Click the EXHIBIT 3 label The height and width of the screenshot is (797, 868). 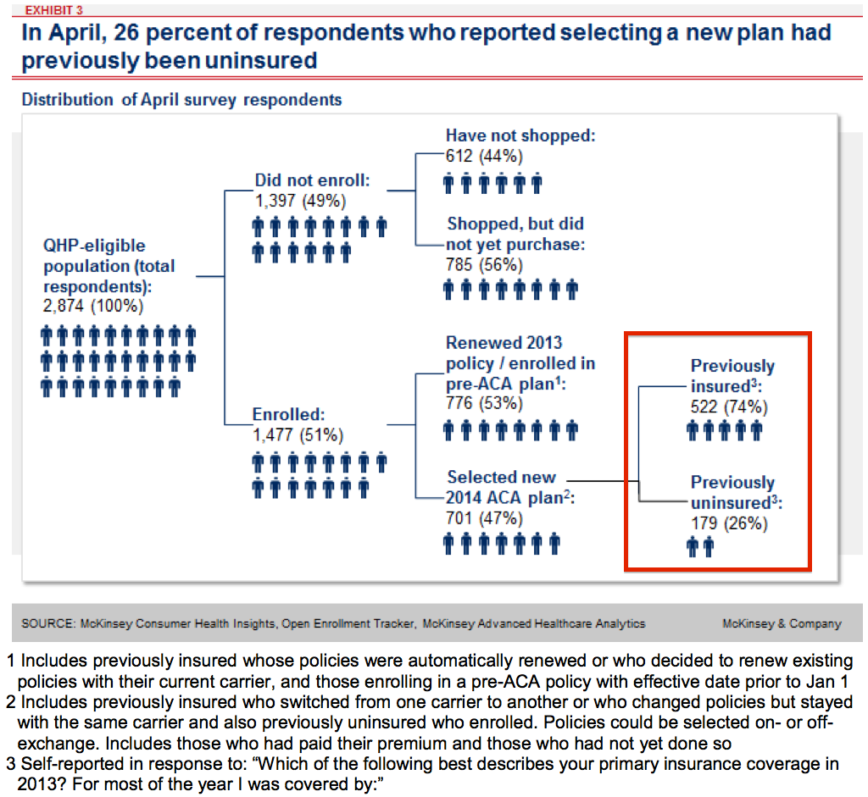(x=48, y=10)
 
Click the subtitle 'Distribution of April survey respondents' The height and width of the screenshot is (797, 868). (x=181, y=100)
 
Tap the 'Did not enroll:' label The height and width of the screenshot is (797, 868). (x=312, y=180)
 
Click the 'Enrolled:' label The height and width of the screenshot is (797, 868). (x=289, y=415)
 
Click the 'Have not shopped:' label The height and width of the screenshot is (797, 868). (x=521, y=136)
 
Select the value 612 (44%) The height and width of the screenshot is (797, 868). (x=484, y=156)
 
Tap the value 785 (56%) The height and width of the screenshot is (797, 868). (x=484, y=264)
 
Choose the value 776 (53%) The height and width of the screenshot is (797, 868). (x=484, y=403)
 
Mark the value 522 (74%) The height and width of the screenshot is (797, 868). (x=728, y=407)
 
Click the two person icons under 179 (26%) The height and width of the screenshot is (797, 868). (x=701, y=548)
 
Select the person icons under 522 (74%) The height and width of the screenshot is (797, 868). (x=725, y=431)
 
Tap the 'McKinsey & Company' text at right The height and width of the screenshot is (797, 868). (x=782, y=624)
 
